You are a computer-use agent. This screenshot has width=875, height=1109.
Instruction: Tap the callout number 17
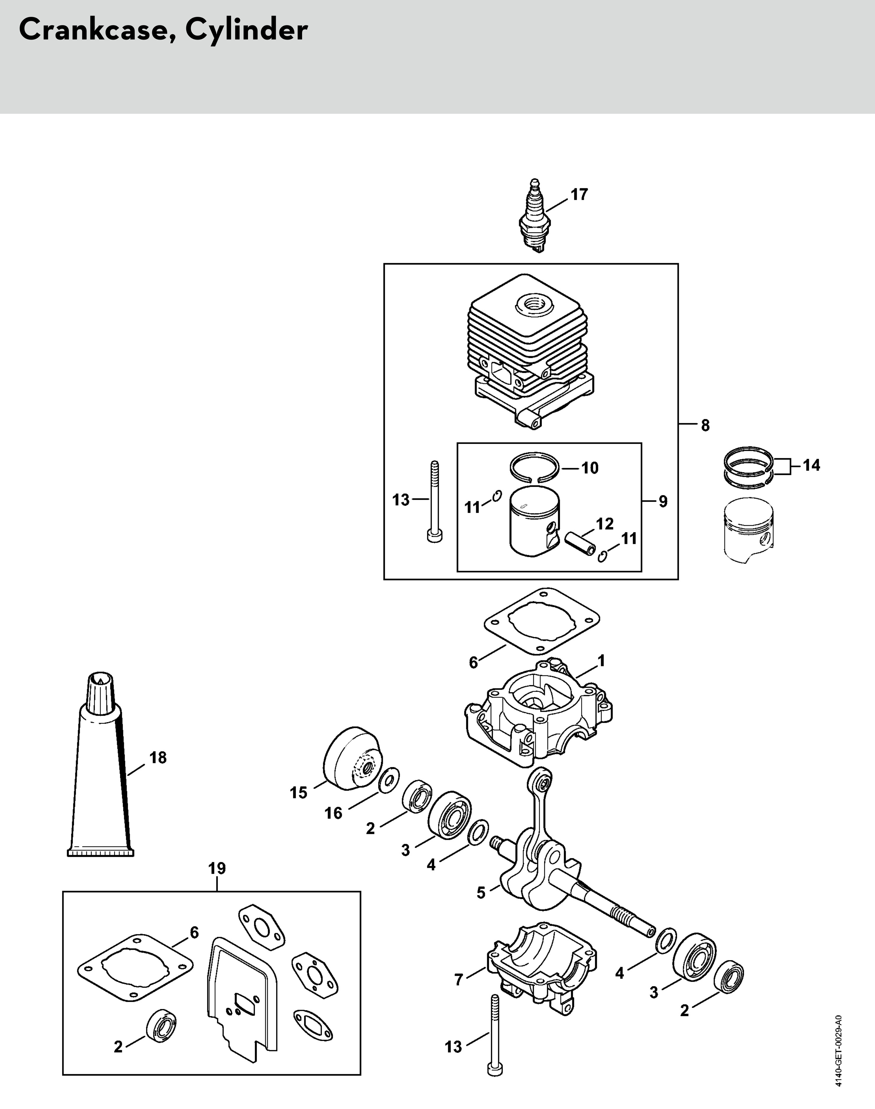click(x=579, y=195)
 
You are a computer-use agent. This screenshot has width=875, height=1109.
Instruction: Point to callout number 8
click(x=705, y=425)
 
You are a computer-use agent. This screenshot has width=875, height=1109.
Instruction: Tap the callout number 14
click(x=811, y=465)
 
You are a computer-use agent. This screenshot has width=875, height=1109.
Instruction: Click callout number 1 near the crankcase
click(x=602, y=661)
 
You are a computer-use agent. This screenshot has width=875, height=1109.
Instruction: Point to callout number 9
click(x=663, y=502)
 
